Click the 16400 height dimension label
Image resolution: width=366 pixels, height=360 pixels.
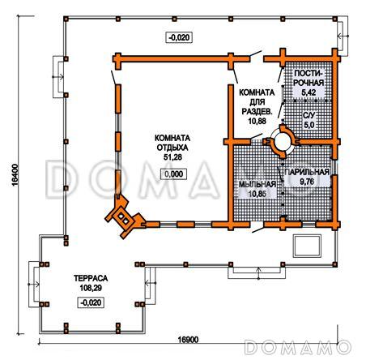point(15,174)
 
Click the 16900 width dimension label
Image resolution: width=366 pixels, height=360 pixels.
point(188,340)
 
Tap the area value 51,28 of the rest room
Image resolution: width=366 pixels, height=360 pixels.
point(172,157)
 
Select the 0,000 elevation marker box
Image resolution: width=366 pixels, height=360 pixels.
point(173,174)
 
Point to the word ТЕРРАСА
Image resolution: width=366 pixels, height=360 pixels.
point(91,278)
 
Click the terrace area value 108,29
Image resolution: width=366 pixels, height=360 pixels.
point(91,288)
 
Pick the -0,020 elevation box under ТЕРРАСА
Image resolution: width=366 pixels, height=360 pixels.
point(91,302)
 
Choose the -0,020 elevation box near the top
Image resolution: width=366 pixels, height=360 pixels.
point(179,37)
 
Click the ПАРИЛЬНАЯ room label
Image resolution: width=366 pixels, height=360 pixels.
point(307,172)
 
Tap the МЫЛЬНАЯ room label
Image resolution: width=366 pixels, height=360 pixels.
point(257,184)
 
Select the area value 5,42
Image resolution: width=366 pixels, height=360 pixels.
point(309,92)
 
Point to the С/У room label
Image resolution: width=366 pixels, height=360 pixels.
point(309,115)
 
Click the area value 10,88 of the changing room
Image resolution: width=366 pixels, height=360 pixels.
point(257,121)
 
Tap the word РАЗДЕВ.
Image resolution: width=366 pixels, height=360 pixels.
point(257,111)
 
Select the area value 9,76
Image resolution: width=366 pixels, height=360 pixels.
point(307,182)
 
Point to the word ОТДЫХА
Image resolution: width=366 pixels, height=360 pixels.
point(172,148)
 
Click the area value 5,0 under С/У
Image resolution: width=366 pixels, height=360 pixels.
point(309,125)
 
